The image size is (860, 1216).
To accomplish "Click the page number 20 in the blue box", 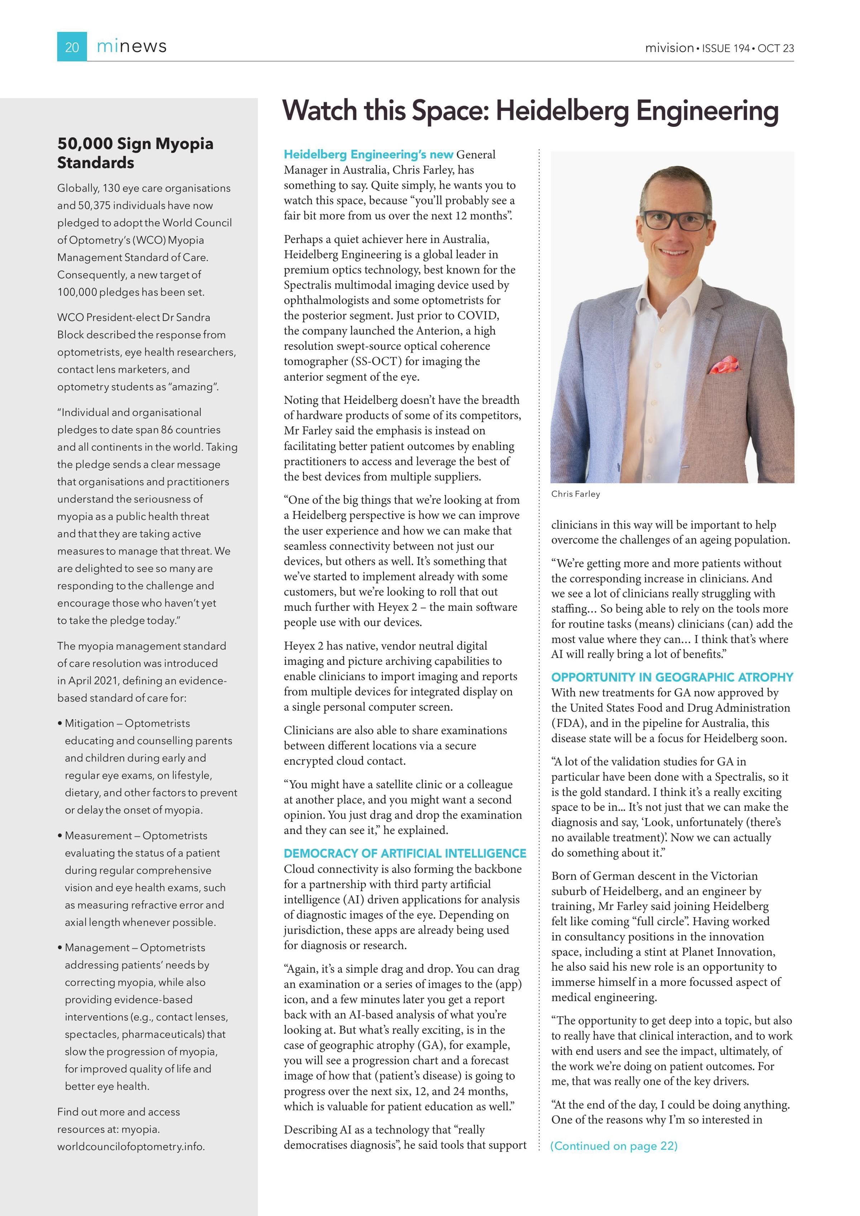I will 72,47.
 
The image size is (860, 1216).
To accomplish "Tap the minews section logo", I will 132,47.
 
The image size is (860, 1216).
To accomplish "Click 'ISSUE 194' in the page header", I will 726,48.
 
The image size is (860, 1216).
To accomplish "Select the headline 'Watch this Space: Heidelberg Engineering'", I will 530,111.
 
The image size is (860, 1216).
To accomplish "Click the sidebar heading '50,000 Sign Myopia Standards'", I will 135,153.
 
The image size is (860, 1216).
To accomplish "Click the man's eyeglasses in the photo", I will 676,220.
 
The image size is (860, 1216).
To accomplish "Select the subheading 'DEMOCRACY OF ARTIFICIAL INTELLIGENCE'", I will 405,853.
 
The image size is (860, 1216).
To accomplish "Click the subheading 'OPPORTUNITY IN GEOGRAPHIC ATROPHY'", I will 672,677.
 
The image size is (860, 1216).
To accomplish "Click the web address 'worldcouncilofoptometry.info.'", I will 131,1146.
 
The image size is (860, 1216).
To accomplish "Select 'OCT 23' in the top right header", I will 775,48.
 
